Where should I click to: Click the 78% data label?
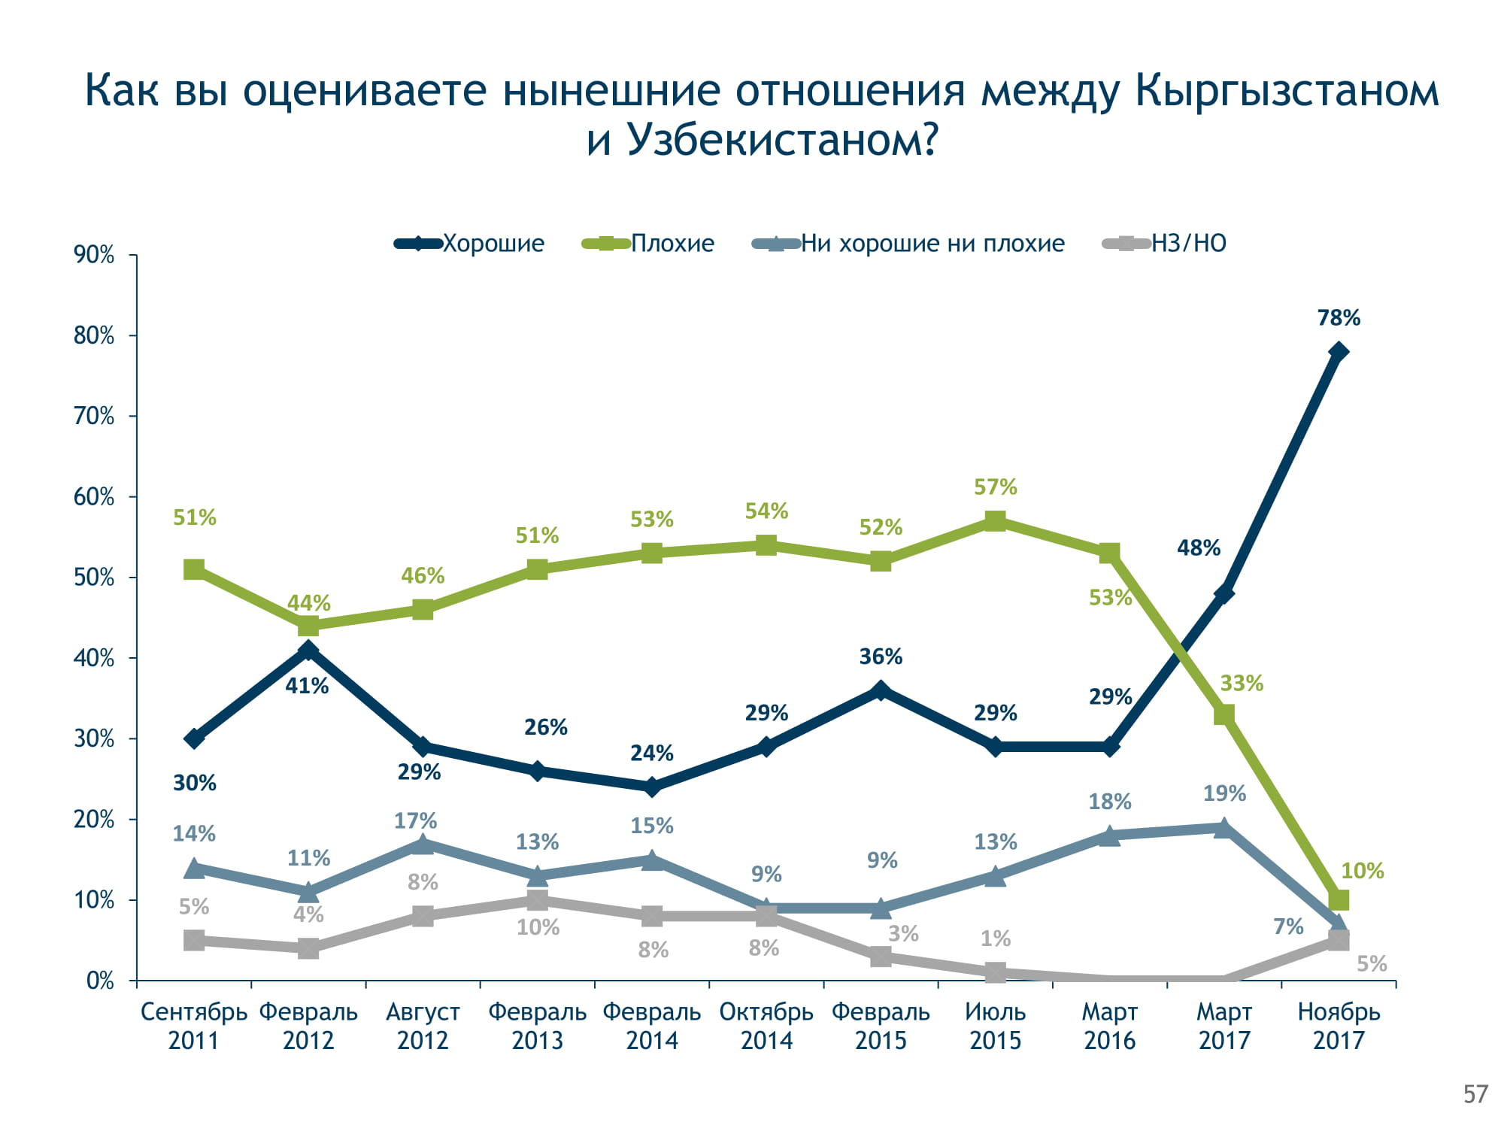coord(1339,318)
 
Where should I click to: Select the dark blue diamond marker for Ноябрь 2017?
coord(1339,352)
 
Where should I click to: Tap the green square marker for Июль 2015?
coord(995,520)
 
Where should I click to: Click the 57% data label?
coord(995,487)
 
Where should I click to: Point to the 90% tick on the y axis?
coord(94,255)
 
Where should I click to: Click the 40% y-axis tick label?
coord(94,658)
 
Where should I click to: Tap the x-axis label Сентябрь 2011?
coord(194,1026)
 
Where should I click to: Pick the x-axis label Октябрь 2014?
coord(766,1026)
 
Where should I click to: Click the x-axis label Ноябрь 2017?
coord(1339,1026)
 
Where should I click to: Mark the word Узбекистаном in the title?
coord(782,139)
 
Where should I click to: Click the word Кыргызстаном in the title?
coord(1286,90)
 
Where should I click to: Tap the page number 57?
coord(1475,1094)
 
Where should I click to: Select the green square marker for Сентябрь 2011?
coord(194,569)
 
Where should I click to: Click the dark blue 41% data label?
coord(307,686)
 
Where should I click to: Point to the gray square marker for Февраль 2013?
coord(537,900)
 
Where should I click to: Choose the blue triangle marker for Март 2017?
coord(1224,828)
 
